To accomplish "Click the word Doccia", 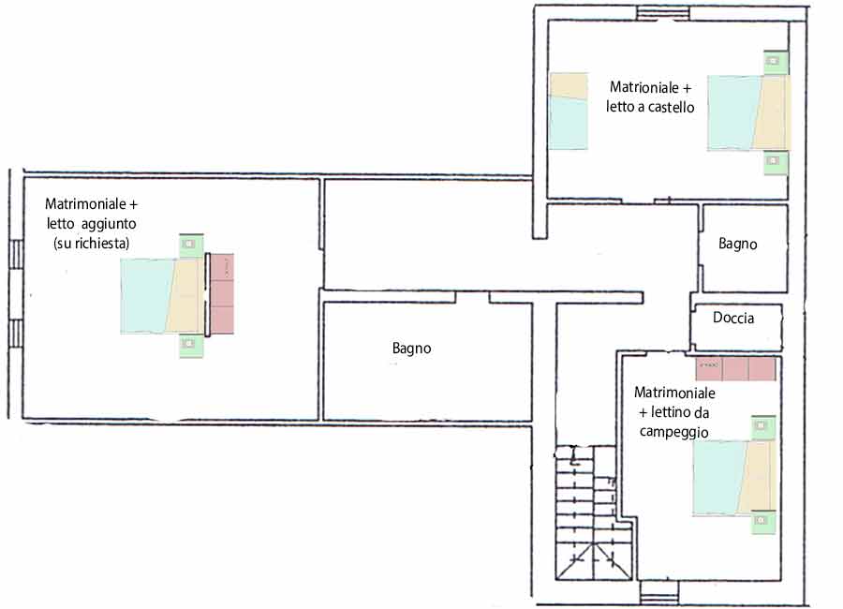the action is (x=732, y=318).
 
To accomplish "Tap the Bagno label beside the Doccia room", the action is (x=738, y=244).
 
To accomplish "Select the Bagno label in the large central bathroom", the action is (x=411, y=349).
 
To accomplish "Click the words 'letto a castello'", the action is (x=650, y=107).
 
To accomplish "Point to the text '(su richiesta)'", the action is (x=92, y=244).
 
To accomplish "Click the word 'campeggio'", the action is (x=673, y=432).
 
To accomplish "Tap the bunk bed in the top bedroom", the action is (x=569, y=111).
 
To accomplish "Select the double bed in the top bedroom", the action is (x=749, y=112).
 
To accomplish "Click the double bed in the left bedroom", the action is (x=162, y=296).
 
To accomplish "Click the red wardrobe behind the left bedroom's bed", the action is (x=221, y=293).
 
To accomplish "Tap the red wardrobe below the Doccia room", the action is (x=735, y=368).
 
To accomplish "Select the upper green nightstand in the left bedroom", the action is (x=191, y=245).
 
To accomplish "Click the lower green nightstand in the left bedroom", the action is (x=191, y=346).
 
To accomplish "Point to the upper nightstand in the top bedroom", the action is (x=776, y=63).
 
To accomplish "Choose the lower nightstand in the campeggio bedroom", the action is (x=762, y=522).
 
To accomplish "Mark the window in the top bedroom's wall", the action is (x=662, y=13).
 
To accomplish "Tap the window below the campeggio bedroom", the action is (x=659, y=593).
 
